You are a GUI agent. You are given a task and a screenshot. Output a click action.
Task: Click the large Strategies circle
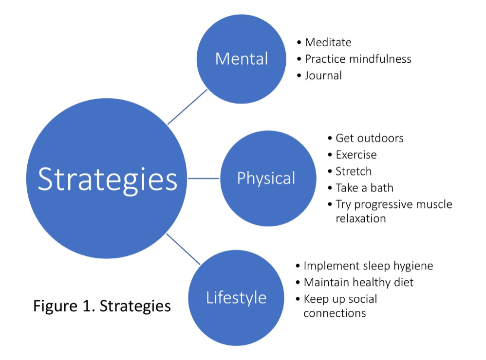pos(107,179)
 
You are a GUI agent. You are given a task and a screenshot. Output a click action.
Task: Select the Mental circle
pos(241,59)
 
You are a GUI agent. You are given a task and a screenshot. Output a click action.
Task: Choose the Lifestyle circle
pos(236,297)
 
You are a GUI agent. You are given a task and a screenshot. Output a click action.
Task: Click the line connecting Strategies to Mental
pos(187,107)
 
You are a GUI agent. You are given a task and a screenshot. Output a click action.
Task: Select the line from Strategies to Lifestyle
pos(183,249)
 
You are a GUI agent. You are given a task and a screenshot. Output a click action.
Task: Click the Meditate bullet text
pos(328,42)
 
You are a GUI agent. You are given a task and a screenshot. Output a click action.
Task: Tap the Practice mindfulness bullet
pos(358,59)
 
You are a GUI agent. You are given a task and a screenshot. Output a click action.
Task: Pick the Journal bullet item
pos(323,75)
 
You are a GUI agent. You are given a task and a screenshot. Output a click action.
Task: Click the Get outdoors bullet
pos(369,138)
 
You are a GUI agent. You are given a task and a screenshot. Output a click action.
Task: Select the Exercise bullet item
pos(356,155)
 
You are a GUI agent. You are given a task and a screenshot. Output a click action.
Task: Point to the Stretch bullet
pos(354,171)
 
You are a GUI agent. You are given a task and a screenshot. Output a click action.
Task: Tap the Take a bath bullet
pos(364,188)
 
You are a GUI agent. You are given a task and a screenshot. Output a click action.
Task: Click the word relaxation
pos(360,218)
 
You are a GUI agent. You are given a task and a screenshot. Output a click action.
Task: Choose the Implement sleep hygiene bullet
pos(368,266)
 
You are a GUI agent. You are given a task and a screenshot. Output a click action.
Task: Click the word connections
pos(335,313)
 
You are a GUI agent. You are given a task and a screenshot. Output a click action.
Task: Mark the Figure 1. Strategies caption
pos(102,306)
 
